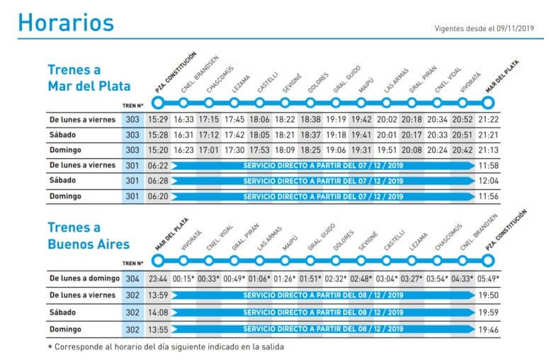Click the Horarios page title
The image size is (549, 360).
point(66,23)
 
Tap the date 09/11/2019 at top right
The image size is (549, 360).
point(512,30)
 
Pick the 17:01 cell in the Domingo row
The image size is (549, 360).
point(208,150)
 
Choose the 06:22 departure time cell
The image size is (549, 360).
point(157,166)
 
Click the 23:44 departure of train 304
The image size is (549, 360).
point(157,279)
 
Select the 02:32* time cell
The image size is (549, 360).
point(335,279)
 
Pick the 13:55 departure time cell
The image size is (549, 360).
point(157,329)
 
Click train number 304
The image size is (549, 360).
point(132,279)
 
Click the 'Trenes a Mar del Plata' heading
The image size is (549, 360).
point(89,78)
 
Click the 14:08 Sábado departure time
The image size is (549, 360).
point(157,312)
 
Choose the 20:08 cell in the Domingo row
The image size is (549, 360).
point(412,150)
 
